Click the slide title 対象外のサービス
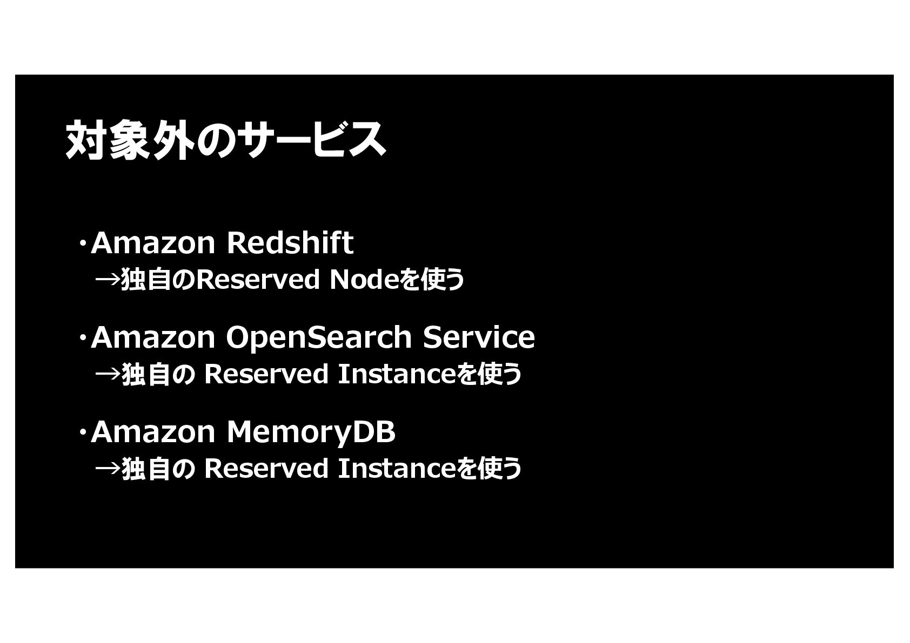(x=225, y=140)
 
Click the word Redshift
(x=290, y=243)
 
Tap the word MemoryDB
(x=311, y=432)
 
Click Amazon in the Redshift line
(x=153, y=243)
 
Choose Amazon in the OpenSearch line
(x=153, y=337)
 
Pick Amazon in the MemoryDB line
(x=153, y=432)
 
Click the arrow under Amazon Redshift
(x=108, y=280)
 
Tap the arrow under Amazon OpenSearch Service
(x=108, y=374)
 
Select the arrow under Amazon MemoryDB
(x=108, y=469)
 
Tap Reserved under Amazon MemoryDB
(x=266, y=469)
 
